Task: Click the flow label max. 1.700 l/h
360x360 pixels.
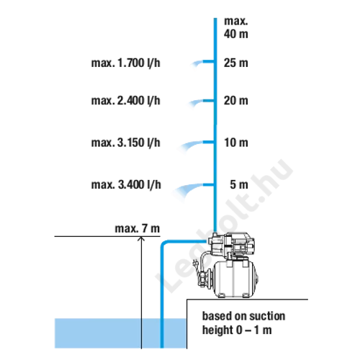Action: tap(125, 63)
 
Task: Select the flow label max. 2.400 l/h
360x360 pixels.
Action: tap(125, 101)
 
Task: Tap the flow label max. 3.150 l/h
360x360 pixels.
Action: tap(125, 143)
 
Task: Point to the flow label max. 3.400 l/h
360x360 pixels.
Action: tap(126, 185)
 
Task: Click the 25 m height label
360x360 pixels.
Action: tap(236, 63)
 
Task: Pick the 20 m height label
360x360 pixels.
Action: tap(236, 100)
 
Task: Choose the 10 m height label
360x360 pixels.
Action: tap(236, 143)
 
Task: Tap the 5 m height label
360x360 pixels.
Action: tap(239, 184)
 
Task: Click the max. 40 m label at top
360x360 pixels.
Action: tap(236, 27)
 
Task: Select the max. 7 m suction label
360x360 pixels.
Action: tap(138, 228)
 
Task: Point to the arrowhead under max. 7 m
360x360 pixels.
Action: tap(141, 238)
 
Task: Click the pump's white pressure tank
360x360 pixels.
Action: tap(235, 279)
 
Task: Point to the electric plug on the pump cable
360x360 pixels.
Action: tap(196, 263)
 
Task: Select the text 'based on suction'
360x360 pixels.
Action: tap(243, 316)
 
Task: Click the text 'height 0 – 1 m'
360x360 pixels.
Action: tap(237, 330)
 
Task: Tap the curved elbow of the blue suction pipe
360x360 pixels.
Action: tap(163, 243)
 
